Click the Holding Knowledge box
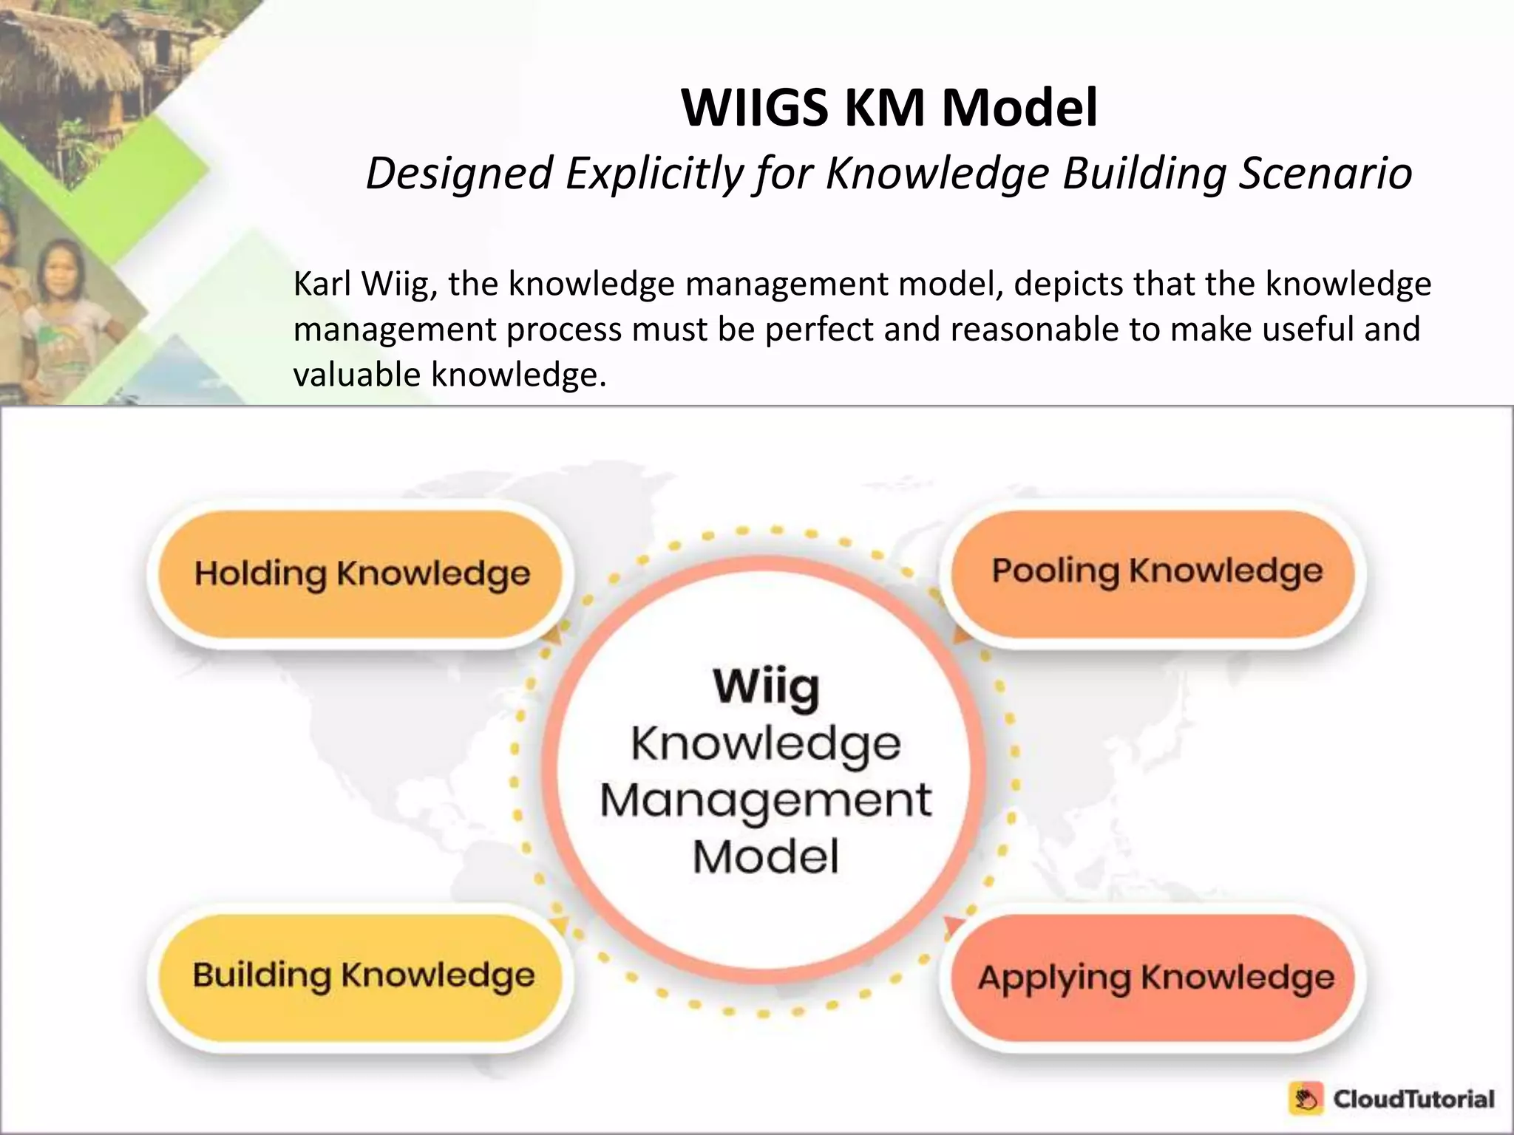(x=361, y=573)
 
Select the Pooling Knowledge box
(x=1156, y=571)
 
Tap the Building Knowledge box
(x=362, y=975)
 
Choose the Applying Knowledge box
(x=1155, y=978)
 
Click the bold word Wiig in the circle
(x=766, y=687)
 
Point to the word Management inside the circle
(x=766, y=800)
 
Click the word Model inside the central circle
(x=766, y=857)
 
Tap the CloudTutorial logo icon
(x=1306, y=1099)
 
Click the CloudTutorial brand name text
(x=1413, y=1099)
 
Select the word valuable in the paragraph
(x=357, y=375)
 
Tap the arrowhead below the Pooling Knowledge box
(x=961, y=635)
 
